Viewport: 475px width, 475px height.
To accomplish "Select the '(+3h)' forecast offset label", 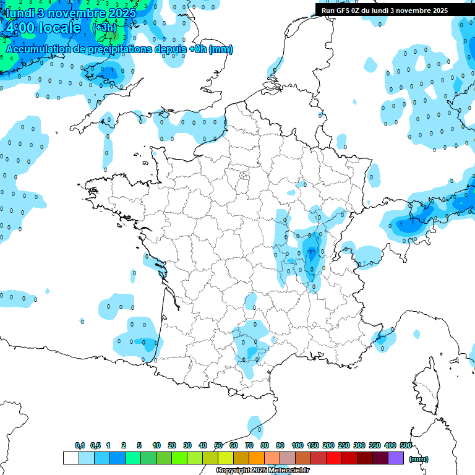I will [103, 28].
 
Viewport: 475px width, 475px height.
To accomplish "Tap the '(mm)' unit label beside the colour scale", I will [419, 459].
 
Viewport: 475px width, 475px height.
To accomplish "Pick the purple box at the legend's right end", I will [396, 458].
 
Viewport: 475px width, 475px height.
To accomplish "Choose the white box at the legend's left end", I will [71, 458].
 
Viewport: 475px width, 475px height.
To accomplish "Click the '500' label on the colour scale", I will [406, 446].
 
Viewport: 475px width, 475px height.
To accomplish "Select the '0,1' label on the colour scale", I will [80, 446].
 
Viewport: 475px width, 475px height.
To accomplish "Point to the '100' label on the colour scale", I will [297, 446].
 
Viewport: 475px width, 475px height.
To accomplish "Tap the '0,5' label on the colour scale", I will [95, 446].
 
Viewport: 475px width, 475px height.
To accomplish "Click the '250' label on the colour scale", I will [344, 446].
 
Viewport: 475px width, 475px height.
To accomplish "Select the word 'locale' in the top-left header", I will [59, 28].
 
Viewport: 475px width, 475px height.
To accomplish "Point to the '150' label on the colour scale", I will [312, 446].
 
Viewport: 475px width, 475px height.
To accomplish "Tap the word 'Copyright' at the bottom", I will [233, 471].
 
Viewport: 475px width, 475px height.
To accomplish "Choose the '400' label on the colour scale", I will [390, 446].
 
